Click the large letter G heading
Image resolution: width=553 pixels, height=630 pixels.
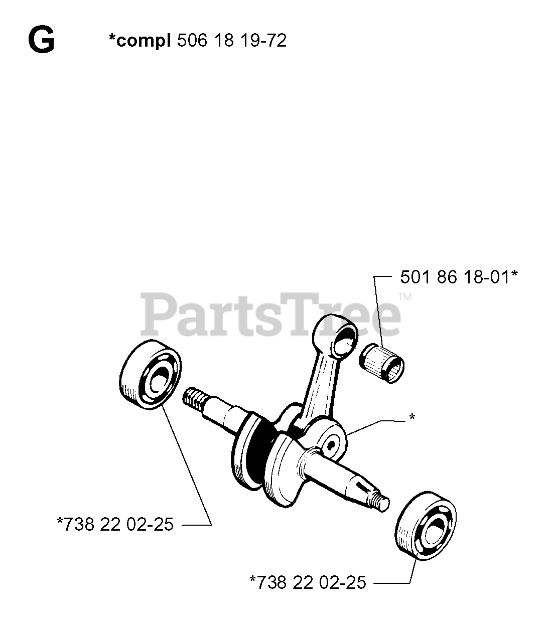[x=41, y=41]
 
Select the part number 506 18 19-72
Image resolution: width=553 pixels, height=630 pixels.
[x=231, y=40]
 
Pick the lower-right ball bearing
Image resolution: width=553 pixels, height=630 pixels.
[x=428, y=528]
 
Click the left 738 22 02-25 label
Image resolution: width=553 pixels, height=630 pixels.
[x=115, y=525]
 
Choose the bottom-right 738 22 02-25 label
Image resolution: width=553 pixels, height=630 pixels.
[x=308, y=582]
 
